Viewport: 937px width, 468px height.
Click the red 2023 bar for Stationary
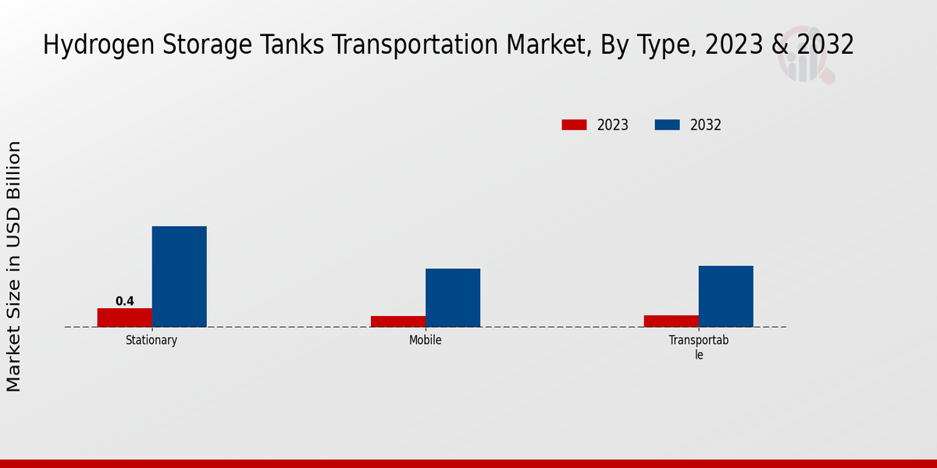125,317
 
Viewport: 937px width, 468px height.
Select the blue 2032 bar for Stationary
180,277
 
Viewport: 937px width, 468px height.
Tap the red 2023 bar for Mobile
398,321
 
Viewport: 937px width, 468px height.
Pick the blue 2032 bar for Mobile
453,298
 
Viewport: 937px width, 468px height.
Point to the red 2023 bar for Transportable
672,321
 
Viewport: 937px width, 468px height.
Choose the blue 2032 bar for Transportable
726,296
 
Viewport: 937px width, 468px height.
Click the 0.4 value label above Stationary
125,301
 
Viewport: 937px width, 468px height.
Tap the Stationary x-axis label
151,340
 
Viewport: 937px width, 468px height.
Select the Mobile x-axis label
426,340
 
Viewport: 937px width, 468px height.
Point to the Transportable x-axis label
699,347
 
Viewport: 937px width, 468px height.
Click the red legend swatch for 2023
574,125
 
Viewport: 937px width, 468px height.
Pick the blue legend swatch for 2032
667,125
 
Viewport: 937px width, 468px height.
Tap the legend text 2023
613,125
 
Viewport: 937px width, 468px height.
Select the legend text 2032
706,125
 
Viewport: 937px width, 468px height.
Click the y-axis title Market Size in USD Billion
14,266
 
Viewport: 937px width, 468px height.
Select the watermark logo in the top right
805,55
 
